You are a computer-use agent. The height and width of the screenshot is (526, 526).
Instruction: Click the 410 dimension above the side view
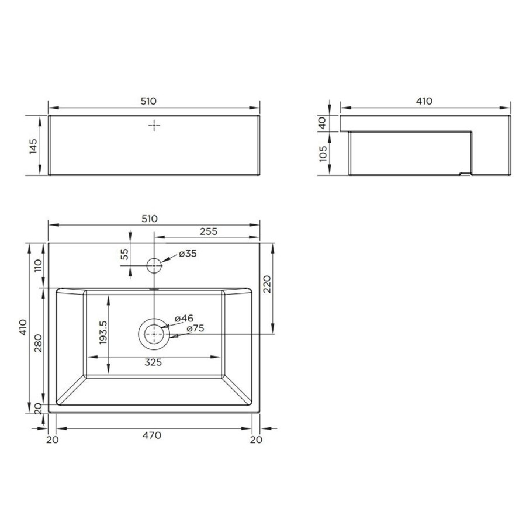pyautogui.click(x=424, y=101)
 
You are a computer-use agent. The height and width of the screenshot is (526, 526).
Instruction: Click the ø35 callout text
pyautogui.click(x=188, y=254)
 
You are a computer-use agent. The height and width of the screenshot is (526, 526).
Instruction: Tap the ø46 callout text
pyautogui.click(x=185, y=319)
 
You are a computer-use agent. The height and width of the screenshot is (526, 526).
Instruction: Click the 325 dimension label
pyautogui.click(x=153, y=362)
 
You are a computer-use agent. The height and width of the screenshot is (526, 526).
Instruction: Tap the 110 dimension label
pyautogui.click(x=39, y=266)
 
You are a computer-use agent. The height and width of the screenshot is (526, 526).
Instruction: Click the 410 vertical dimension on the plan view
pyautogui.click(x=22, y=328)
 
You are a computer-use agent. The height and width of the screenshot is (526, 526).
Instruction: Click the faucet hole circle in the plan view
pyautogui.click(x=153, y=265)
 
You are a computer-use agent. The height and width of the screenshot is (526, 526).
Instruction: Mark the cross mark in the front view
pyautogui.click(x=154, y=126)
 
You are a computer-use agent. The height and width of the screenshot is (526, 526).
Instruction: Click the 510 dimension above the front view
pyautogui.click(x=148, y=101)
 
